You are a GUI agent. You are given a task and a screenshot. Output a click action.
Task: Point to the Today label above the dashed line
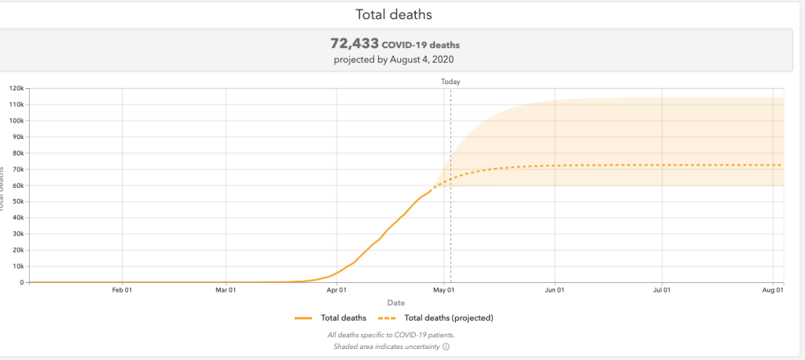[x=450, y=82]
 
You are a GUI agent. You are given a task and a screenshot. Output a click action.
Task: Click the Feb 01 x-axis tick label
[x=122, y=291]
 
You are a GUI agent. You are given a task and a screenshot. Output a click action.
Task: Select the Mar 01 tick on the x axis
[x=226, y=291]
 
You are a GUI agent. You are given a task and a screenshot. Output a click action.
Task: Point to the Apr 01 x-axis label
[x=337, y=291]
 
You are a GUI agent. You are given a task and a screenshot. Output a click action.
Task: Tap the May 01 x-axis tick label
[x=444, y=291]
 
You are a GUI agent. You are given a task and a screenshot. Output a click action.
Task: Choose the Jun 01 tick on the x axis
[x=555, y=291]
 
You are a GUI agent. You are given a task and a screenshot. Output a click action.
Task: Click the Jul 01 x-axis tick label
[x=662, y=291]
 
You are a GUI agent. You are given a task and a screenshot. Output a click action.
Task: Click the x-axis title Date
[x=396, y=303]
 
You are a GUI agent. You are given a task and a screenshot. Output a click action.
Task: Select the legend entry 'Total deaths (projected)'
[x=448, y=318]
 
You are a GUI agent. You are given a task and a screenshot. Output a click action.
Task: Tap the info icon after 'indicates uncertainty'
[x=446, y=346]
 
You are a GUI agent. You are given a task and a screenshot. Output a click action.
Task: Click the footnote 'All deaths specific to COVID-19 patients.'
[x=390, y=335]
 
